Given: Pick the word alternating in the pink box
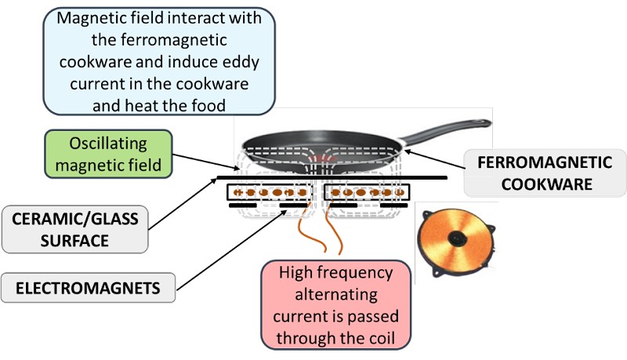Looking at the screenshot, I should [x=336, y=296].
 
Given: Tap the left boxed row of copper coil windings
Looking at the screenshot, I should [x=268, y=191].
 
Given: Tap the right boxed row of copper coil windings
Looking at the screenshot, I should [x=367, y=191].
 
